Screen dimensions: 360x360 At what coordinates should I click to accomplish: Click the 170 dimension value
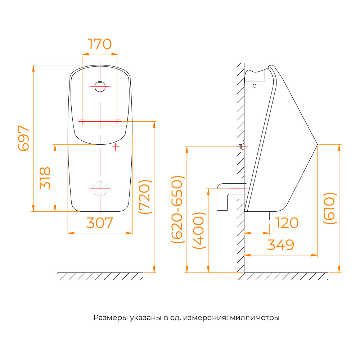[100, 44]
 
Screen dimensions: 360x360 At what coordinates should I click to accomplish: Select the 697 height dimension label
[24, 138]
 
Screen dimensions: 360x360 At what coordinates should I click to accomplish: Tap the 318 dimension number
[45, 178]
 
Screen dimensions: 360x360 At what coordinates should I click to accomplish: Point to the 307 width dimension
[100, 223]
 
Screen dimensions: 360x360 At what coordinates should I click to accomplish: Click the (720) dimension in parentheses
[145, 197]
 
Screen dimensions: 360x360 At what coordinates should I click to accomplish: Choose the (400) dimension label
[199, 230]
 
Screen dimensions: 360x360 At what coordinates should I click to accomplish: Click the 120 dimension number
[287, 223]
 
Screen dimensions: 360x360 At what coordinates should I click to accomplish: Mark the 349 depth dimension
[280, 245]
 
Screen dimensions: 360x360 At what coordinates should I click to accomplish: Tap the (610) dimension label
[330, 208]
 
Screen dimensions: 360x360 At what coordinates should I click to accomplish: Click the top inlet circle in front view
[100, 86]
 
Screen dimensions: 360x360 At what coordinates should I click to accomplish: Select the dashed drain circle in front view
[100, 189]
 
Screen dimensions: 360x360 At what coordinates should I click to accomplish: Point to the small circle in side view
[255, 86]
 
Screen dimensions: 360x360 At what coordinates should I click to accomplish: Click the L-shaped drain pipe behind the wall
[222, 197]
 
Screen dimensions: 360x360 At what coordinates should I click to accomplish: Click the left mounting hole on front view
[82, 121]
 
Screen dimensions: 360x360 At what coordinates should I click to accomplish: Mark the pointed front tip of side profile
[317, 145]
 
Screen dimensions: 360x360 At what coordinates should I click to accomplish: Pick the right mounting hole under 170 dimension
[118, 121]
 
